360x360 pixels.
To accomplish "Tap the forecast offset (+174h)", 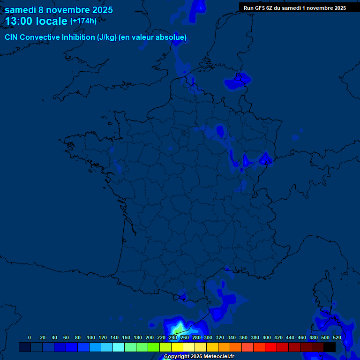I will (x=83, y=21).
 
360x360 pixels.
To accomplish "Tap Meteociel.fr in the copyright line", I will (x=219, y=357).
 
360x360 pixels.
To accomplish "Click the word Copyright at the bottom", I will (x=176, y=357).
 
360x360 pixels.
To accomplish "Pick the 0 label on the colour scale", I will (x=30, y=337).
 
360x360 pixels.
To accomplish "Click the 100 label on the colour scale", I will (x=91, y=337).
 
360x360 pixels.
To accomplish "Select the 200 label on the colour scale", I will (x=150, y=337).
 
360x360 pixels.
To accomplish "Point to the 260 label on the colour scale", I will (x=185, y=337).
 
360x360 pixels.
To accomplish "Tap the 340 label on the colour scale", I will (x=232, y=337).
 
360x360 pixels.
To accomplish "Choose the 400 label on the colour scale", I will (x=267, y=337).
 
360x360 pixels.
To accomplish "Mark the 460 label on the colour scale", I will (x=302, y=337).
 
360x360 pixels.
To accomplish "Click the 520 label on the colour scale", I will (x=337, y=337).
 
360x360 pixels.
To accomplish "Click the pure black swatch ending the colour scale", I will (x=330, y=347).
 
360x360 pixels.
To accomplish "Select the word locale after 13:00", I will (x=51, y=21).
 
